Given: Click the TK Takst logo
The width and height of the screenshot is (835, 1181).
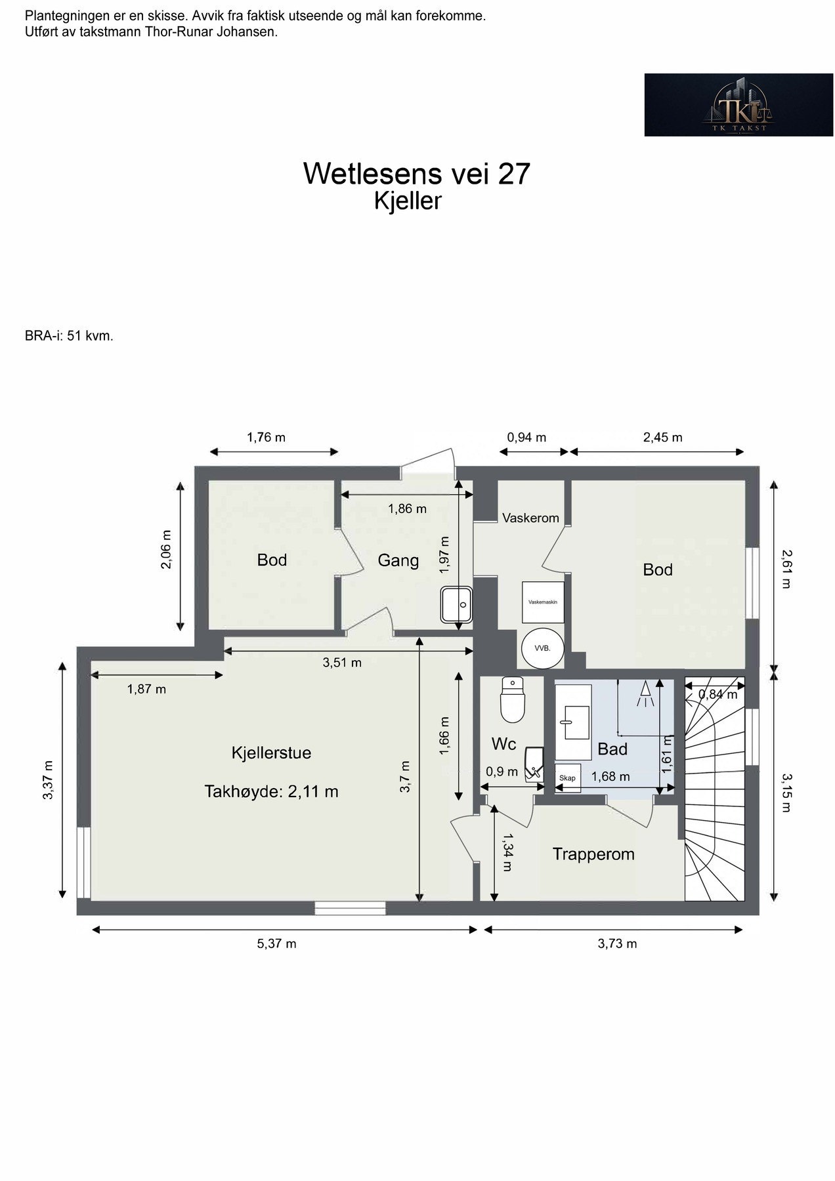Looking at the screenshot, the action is click(x=739, y=104).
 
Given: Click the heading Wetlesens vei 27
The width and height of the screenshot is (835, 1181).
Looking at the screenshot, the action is click(x=416, y=173).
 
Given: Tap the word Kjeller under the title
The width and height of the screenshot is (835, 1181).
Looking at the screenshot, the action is click(x=408, y=201).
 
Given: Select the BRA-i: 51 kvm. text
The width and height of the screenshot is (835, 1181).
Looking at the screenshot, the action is click(x=69, y=336).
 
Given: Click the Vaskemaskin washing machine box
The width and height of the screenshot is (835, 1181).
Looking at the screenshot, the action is click(x=543, y=602).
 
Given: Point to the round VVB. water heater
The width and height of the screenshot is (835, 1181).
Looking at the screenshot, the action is click(x=542, y=648).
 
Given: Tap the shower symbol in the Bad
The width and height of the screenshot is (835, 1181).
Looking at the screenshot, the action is click(x=647, y=694).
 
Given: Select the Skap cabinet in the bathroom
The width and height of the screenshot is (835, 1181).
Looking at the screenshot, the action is click(x=567, y=778).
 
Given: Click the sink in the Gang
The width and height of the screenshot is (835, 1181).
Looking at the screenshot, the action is click(x=457, y=604).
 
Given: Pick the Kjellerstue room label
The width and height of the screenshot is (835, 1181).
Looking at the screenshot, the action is click(x=271, y=753).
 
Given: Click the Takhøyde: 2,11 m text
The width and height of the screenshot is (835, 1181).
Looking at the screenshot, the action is click(x=271, y=791).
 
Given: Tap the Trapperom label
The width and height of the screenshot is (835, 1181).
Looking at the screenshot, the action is click(x=593, y=854).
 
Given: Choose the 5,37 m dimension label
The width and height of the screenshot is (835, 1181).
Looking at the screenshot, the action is click(x=276, y=943).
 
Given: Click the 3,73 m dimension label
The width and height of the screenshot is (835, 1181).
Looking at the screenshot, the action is click(x=617, y=943).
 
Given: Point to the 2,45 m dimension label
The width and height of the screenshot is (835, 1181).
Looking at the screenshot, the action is click(x=662, y=437).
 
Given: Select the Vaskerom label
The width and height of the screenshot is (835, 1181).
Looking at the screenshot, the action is click(x=530, y=518).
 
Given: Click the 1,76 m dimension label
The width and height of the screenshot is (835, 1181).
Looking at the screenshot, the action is click(x=266, y=437).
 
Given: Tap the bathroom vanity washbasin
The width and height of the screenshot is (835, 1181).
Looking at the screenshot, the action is click(x=573, y=721).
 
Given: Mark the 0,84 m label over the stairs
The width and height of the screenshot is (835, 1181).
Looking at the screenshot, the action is click(x=717, y=694).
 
